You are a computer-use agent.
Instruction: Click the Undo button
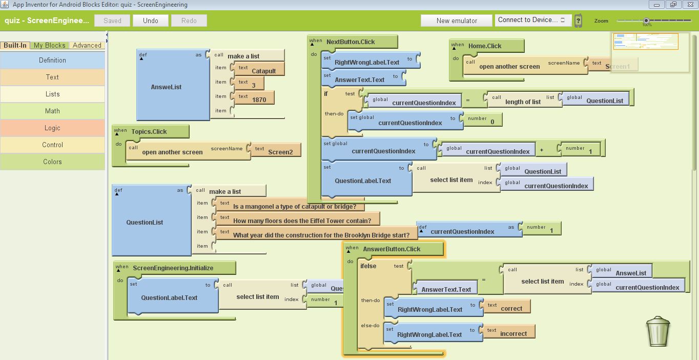pyautogui.click(x=151, y=21)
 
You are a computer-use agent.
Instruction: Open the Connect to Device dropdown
pyautogui.click(x=533, y=20)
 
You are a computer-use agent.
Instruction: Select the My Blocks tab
pyautogui.click(x=49, y=45)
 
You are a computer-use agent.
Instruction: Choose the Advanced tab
pyautogui.click(x=87, y=45)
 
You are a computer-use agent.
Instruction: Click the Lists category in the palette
pyautogui.click(x=52, y=94)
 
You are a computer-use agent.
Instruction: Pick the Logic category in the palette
pyautogui.click(x=52, y=128)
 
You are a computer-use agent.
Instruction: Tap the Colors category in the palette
pyautogui.click(x=52, y=162)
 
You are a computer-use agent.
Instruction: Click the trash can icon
pyautogui.click(x=659, y=332)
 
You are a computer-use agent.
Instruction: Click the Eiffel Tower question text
pyautogui.click(x=302, y=221)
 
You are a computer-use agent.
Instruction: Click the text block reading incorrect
pyautogui.click(x=513, y=333)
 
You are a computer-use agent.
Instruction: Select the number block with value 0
pyautogui.click(x=492, y=122)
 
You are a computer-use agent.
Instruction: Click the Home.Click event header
pyautogui.click(x=485, y=46)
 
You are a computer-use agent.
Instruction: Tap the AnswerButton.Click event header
pyautogui.click(x=392, y=249)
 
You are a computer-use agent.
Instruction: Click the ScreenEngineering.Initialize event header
pyautogui.click(x=173, y=268)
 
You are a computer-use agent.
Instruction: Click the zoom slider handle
pyautogui.click(x=647, y=21)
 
